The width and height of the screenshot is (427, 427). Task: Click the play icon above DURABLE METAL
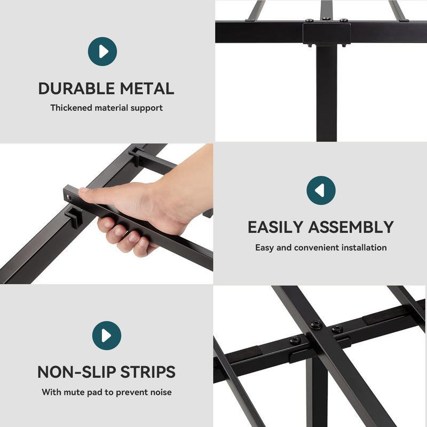click(x=102, y=51)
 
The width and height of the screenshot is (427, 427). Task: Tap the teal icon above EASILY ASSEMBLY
click(x=321, y=191)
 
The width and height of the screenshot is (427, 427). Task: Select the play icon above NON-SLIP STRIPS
click(x=106, y=336)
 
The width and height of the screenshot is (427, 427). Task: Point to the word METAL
click(x=147, y=89)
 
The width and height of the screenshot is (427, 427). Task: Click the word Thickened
click(x=72, y=108)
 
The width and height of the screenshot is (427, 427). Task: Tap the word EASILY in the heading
click(x=275, y=227)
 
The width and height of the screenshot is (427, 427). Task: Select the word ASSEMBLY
click(x=351, y=227)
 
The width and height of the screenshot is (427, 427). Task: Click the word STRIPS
click(x=148, y=372)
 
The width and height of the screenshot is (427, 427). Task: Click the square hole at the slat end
click(x=69, y=197)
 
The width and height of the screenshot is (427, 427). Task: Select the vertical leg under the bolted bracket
click(x=327, y=92)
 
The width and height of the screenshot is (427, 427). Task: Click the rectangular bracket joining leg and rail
click(x=327, y=33)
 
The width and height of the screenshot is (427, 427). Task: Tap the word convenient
click(x=317, y=247)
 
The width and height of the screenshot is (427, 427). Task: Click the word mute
click(x=74, y=392)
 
